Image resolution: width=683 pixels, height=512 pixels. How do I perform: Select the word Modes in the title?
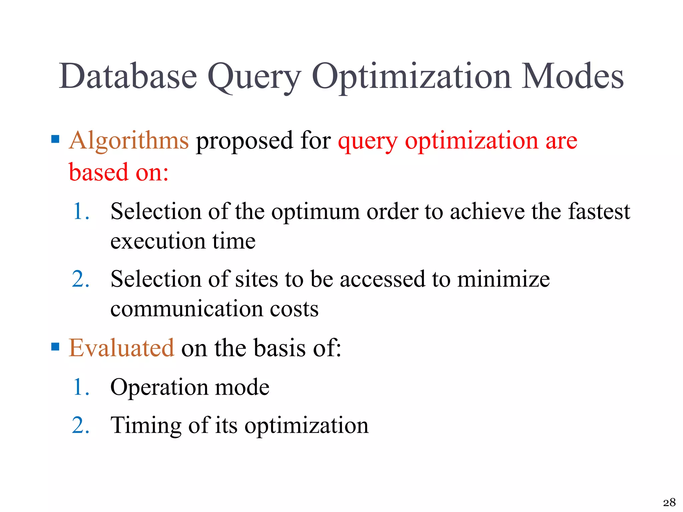[x=572, y=76]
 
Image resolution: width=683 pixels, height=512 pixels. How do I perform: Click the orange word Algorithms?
[x=129, y=141]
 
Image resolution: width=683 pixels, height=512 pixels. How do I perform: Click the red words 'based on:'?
[x=118, y=172]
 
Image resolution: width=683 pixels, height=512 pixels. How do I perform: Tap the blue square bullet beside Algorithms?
[x=55, y=139]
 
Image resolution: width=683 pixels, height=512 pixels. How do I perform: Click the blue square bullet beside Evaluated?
[x=55, y=347]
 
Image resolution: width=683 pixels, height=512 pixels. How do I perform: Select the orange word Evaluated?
[x=121, y=348]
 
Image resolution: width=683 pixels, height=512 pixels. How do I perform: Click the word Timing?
[x=146, y=426]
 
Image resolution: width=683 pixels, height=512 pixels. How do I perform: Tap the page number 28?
[x=669, y=502]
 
